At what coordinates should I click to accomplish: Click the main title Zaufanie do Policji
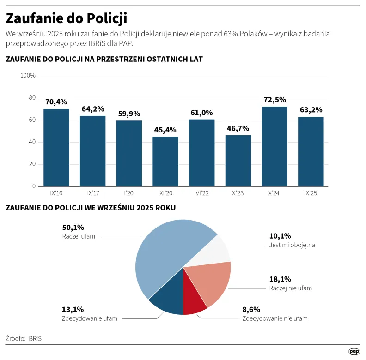(66, 18)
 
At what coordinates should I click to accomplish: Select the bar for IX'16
(56, 148)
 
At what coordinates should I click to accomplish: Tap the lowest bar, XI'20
(165, 162)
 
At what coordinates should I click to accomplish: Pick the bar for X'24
(274, 147)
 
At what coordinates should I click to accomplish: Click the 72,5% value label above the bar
(274, 100)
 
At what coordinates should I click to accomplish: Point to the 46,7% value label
(238, 128)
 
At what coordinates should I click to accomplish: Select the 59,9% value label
(129, 114)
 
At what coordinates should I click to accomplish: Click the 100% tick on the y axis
(28, 76)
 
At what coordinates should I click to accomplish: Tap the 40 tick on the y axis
(32, 142)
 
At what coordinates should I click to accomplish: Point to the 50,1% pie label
(73, 228)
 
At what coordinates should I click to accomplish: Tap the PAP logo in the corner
(354, 352)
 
